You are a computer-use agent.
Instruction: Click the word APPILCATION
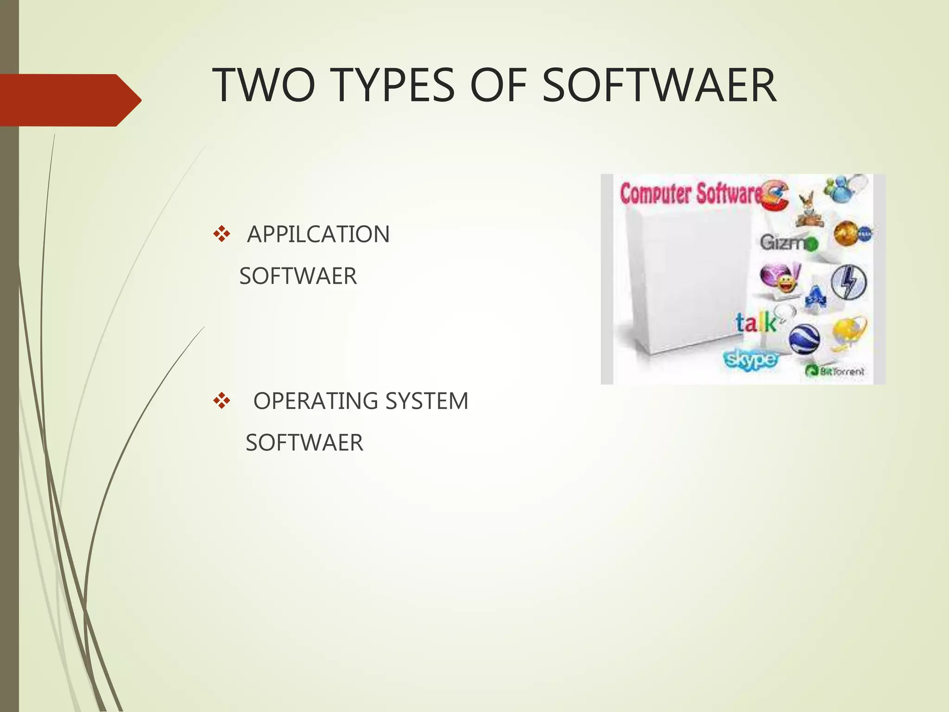click(318, 234)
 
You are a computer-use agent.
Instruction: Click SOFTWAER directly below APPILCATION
click(298, 276)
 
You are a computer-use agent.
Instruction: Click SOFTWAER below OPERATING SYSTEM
click(304, 443)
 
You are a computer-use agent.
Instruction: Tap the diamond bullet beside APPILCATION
click(221, 234)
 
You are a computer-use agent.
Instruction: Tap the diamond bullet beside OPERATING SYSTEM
click(221, 401)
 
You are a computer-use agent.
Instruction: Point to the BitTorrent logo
click(835, 371)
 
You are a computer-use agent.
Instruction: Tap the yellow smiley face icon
click(785, 283)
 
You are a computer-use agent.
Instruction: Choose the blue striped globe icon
click(804, 339)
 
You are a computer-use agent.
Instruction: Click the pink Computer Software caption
click(690, 194)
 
